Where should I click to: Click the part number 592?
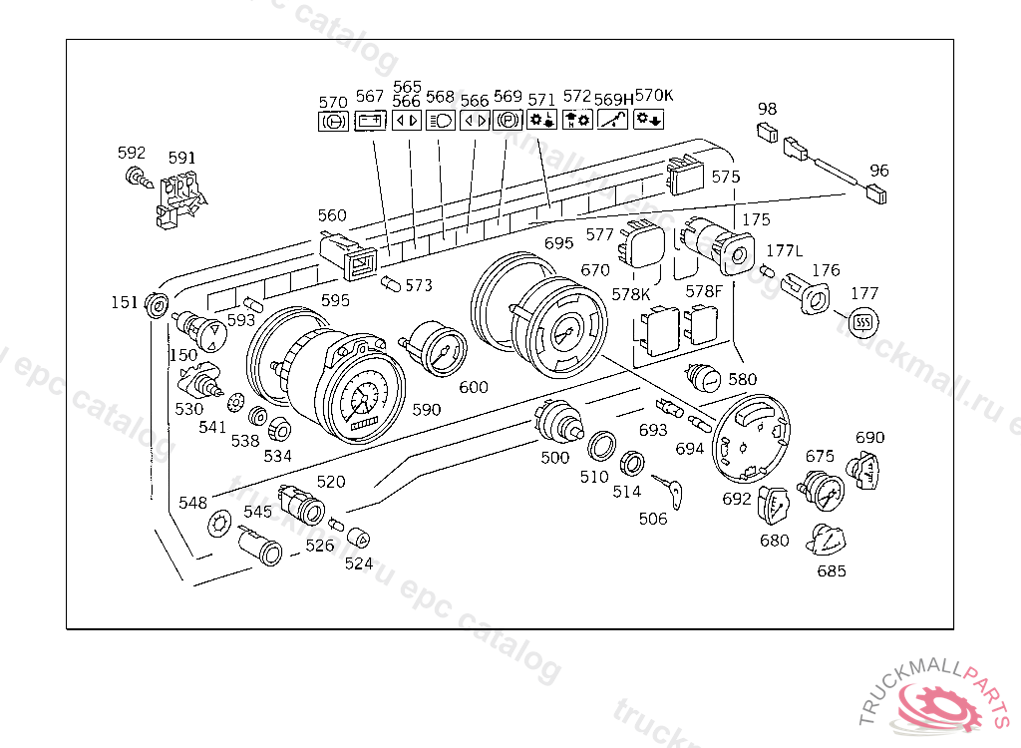(x=132, y=153)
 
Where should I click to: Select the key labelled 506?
(x=667, y=489)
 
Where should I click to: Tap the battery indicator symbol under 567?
(x=371, y=121)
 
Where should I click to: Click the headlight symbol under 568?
(x=440, y=121)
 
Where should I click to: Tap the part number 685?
(x=831, y=571)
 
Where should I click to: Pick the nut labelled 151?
(x=157, y=304)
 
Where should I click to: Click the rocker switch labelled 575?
(x=685, y=178)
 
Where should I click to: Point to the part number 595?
(x=335, y=300)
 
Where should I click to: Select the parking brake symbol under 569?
(x=508, y=121)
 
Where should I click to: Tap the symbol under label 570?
(x=332, y=122)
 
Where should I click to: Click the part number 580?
(x=742, y=379)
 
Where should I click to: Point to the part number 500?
(x=555, y=458)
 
